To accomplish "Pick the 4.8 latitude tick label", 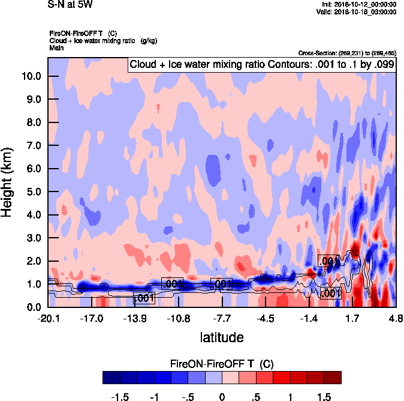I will click(395, 319).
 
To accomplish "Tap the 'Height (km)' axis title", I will click(8, 182).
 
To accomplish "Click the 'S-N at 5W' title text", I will click(70, 4).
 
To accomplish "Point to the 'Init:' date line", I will click(358, 4).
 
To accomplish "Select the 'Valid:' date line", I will click(358, 11).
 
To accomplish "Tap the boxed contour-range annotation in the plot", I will click(262, 64).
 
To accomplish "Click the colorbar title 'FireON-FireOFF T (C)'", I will click(222, 364).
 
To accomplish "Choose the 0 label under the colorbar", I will click(222, 397).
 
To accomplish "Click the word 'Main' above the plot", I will click(57, 47).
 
